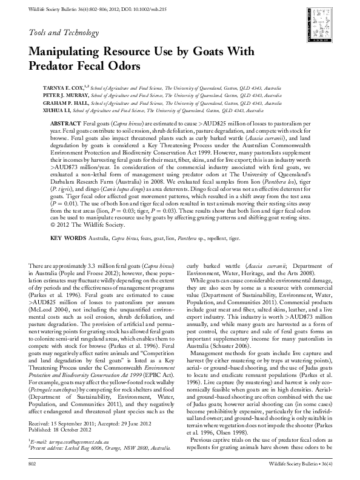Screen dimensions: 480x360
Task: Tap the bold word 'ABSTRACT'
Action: point(63,122)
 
